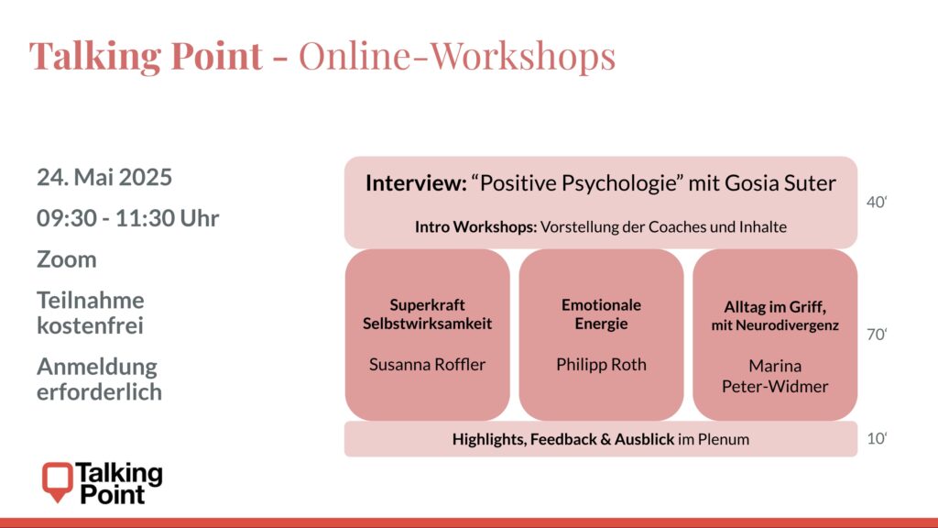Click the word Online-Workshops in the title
pos(457,56)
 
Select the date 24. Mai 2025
pos(104,177)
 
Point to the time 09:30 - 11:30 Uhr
pos(127,218)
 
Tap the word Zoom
pos(66,259)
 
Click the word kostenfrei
pos(90,325)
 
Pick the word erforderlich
pos(99,391)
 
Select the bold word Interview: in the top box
pos(416,182)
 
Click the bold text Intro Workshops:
pos(475,227)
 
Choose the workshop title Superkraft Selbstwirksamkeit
pos(427,314)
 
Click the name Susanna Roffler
pos(427,364)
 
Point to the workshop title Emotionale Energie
pos(601,314)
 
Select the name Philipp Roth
pos(601,364)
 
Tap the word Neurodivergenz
pos(787,325)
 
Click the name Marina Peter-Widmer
pos(775,376)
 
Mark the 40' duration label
pos(877,203)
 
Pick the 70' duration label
pos(877,334)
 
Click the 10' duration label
pos(877,439)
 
